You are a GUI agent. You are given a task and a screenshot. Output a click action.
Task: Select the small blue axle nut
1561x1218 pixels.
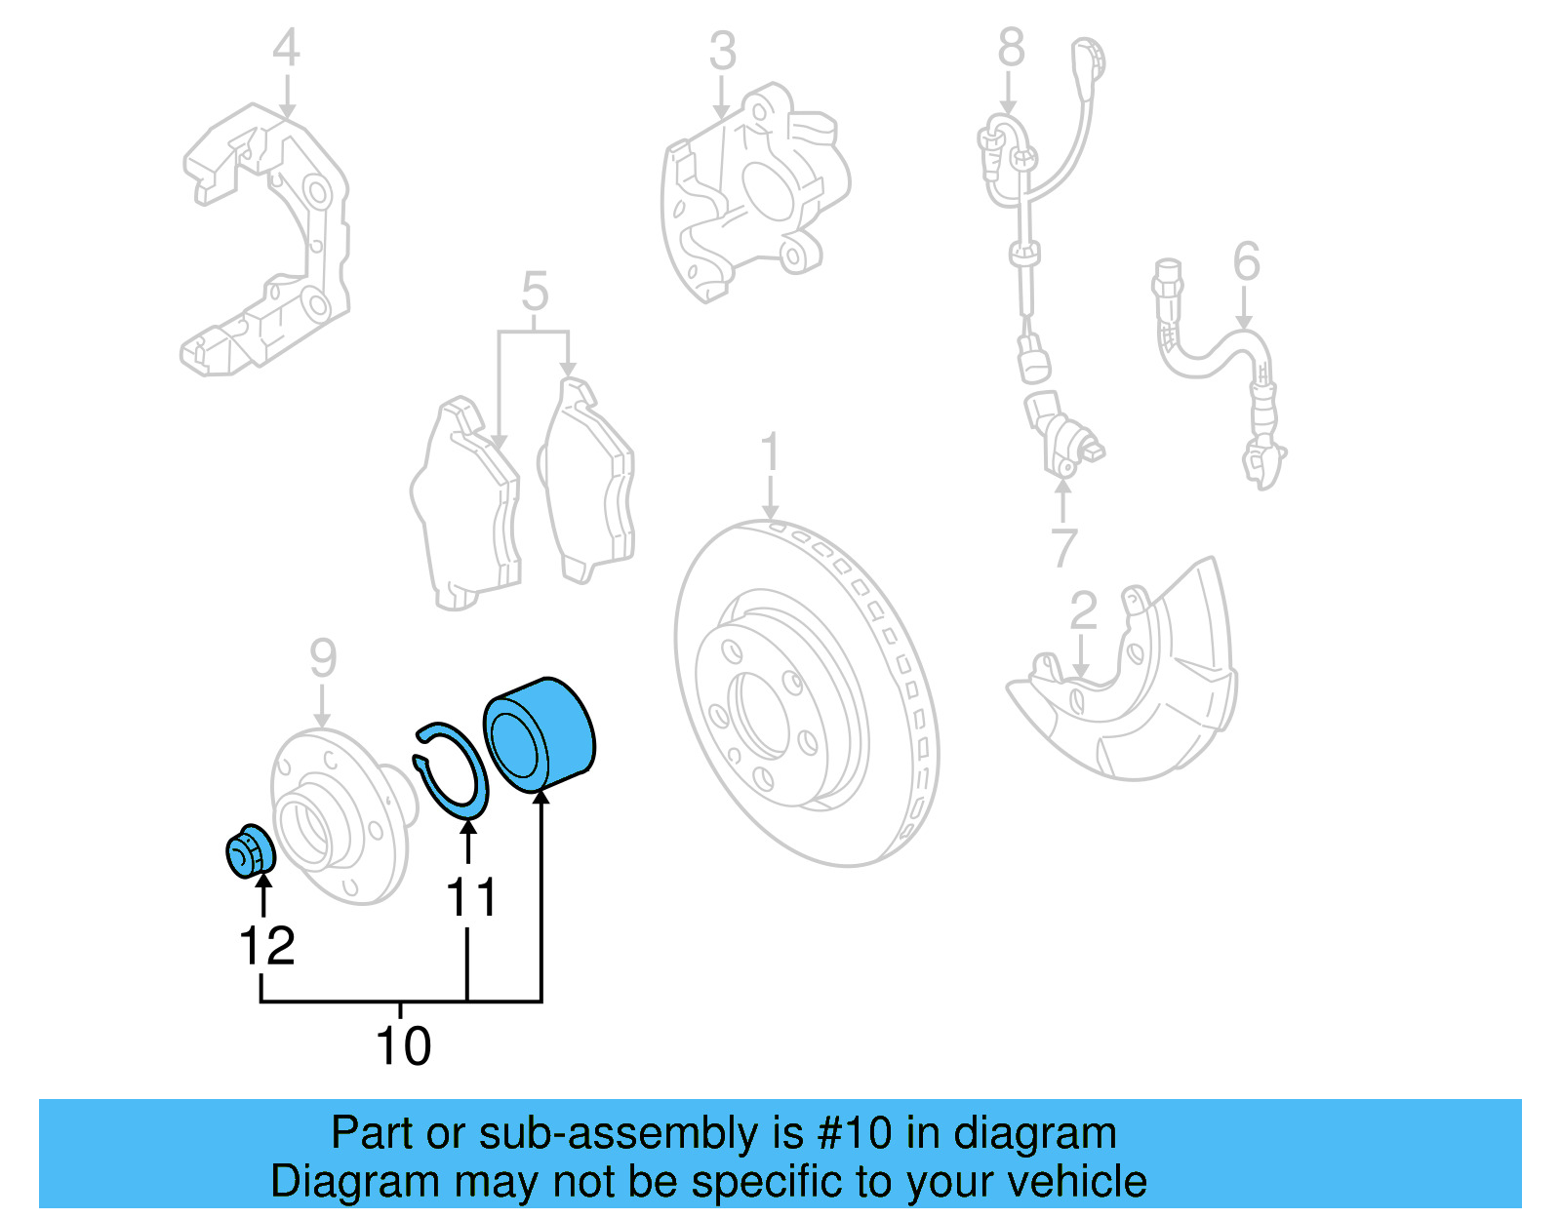coord(251,852)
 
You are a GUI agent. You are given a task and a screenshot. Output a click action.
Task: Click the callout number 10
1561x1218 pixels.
coord(403,1046)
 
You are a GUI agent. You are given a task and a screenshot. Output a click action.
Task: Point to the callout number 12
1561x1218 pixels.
coord(266,946)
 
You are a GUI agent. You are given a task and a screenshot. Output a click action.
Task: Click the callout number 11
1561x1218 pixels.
coord(471,897)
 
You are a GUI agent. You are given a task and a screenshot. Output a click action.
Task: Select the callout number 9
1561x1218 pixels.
coord(323,659)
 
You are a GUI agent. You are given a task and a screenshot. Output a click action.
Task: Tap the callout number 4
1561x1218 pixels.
coord(285,48)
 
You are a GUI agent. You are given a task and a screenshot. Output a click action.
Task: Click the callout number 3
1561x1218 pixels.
coord(722,52)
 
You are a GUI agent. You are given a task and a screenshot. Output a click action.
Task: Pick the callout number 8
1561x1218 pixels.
coord(1012,48)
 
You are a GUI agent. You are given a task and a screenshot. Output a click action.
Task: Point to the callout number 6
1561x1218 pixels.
coord(1246,261)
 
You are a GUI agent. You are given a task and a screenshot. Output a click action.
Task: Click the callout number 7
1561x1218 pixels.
coord(1064,547)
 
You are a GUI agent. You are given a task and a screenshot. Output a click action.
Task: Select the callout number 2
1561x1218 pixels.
coord(1083,611)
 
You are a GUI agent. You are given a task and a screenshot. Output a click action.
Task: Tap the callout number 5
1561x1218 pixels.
coord(535,292)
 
